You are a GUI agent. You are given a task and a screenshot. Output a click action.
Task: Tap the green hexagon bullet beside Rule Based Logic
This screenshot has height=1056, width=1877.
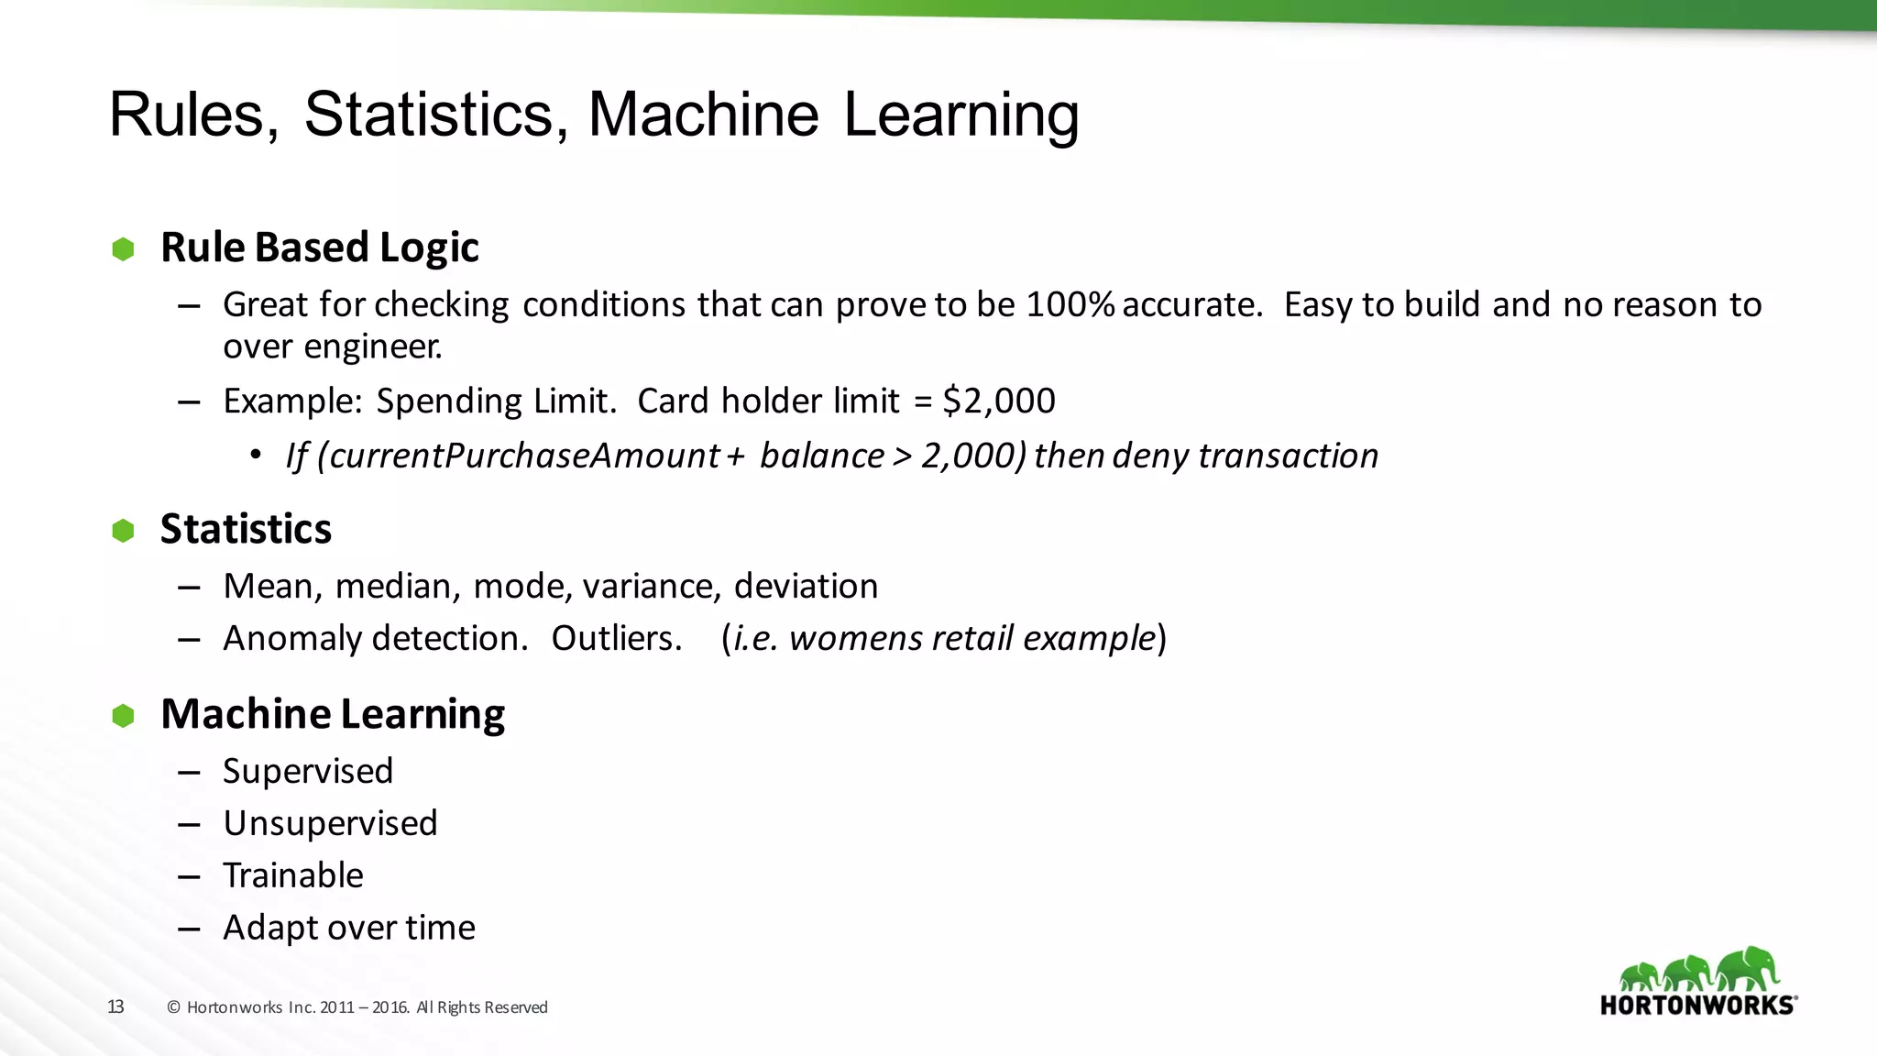pyautogui.click(x=123, y=249)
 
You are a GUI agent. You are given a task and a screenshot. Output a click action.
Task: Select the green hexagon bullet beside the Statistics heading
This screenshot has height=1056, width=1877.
pyautogui.click(x=123, y=531)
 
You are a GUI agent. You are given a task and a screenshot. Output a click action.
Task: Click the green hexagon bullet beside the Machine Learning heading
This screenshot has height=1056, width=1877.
pyautogui.click(x=123, y=716)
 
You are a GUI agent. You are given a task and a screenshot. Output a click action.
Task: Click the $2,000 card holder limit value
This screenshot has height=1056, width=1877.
pyautogui.click(x=999, y=401)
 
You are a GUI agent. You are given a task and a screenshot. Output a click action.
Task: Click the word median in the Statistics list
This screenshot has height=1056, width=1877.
pyautogui.click(x=397, y=587)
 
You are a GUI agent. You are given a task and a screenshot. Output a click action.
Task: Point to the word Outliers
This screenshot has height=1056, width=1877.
pyautogui.click(x=616, y=639)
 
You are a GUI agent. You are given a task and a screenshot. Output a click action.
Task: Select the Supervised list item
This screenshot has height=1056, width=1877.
pyautogui.click(x=308, y=772)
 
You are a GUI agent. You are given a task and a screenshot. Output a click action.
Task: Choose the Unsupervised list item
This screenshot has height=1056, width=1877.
pyautogui.click(x=330, y=824)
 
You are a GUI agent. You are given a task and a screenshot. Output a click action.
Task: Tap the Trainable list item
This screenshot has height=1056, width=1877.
pyautogui.click(x=293, y=876)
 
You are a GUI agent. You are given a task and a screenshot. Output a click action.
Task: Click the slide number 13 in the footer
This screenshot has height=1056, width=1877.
pyautogui.click(x=115, y=1007)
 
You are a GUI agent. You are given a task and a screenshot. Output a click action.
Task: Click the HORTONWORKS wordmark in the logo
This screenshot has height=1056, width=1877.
pyautogui.click(x=1696, y=1006)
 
